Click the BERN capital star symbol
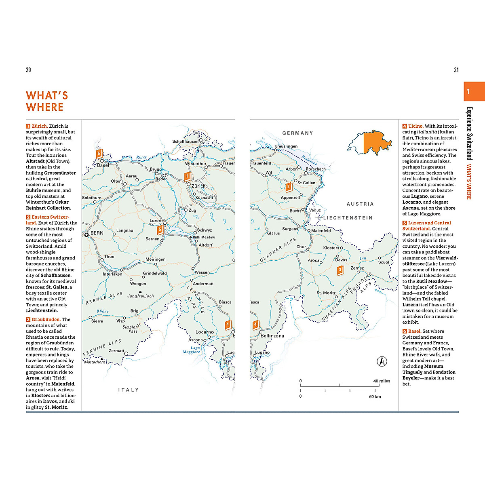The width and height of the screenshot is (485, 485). coord(86,234)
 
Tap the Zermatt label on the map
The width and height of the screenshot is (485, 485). coord(116,350)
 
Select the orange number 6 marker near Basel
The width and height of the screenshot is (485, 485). coord(98,154)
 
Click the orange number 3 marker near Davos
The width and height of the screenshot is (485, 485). coord(340,270)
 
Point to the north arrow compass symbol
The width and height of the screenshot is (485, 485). coord(382,361)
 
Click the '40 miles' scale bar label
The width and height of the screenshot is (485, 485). coord(382,381)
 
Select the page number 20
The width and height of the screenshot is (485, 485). coord(28,70)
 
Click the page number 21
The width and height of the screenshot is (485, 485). coord(456,70)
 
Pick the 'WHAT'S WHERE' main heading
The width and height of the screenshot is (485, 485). coord(46,101)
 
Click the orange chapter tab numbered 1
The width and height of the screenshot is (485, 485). coord(474,92)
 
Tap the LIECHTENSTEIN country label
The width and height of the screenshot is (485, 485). coord(348,218)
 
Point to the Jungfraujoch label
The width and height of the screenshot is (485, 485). coord(141,296)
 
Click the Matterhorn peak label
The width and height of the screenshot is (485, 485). coord(95,362)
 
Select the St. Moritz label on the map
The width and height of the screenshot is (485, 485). coord(326,293)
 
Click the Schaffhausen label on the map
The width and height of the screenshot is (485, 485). coord(186,141)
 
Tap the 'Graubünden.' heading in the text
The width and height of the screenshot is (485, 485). coord(46,319)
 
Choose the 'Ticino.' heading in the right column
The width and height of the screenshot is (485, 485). coord(415,126)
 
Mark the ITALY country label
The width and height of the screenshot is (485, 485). coord(128,390)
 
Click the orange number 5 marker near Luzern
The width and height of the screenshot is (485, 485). coord(160,230)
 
